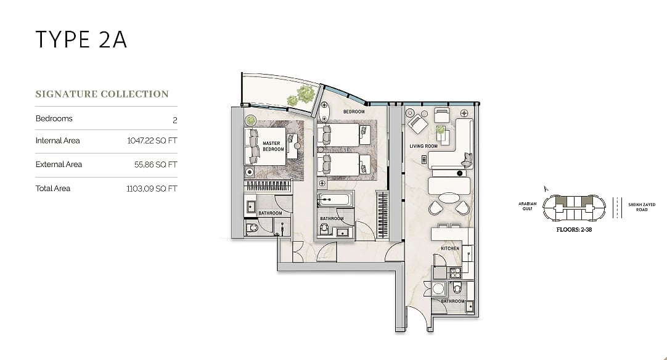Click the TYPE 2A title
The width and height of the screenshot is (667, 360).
coord(81,39)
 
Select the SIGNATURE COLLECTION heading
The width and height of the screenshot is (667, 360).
coord(102,94)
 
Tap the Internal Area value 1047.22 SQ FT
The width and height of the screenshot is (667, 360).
coord(152,141)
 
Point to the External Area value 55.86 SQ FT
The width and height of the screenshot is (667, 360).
coord(156,165)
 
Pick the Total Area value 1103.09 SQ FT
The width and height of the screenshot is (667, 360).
coord(152,189)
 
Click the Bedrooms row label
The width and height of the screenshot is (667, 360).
coord(54,118)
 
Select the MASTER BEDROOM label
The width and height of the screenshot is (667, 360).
coord(272,146)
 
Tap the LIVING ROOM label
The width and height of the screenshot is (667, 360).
coord(424,146)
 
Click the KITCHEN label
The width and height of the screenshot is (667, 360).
coord(449,248)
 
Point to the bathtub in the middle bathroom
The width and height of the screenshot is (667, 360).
coord(335,200)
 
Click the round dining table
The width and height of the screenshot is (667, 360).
coord(449,198)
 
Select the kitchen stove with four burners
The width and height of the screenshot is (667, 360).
coord(455,272)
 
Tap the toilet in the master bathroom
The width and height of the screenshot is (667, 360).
coord(252,229)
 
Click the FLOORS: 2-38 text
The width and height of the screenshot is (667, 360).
coord(574,230)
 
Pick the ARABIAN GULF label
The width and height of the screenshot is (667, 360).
coord(527,207)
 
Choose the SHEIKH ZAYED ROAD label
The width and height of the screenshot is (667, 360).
coord(642,207)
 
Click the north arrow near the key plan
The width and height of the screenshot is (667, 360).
coord(546,189)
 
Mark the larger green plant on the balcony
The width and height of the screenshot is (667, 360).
coord(305,94)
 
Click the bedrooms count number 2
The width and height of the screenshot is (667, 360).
coord(174,120)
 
